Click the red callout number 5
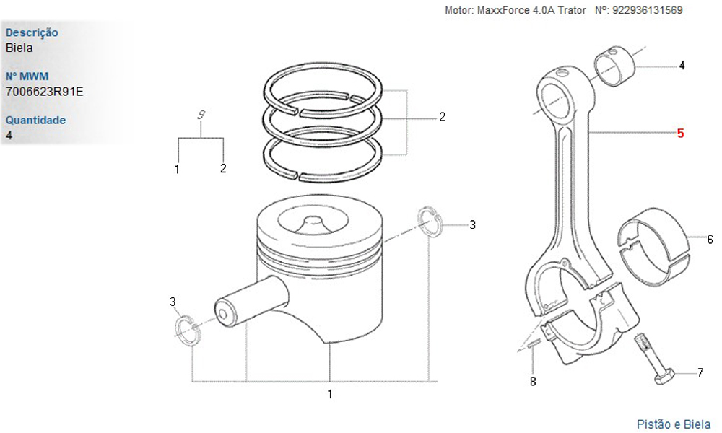[x=681, y=134]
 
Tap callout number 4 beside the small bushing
[x=682, y=66]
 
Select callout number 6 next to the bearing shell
[x=710, y=240]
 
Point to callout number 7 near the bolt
[x=700, y=372]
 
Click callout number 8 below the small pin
[x=533, y=382]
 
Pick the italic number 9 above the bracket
[x=201, y=115]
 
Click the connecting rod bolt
[x=654, y=360]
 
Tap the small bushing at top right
[x=616, y=66]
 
